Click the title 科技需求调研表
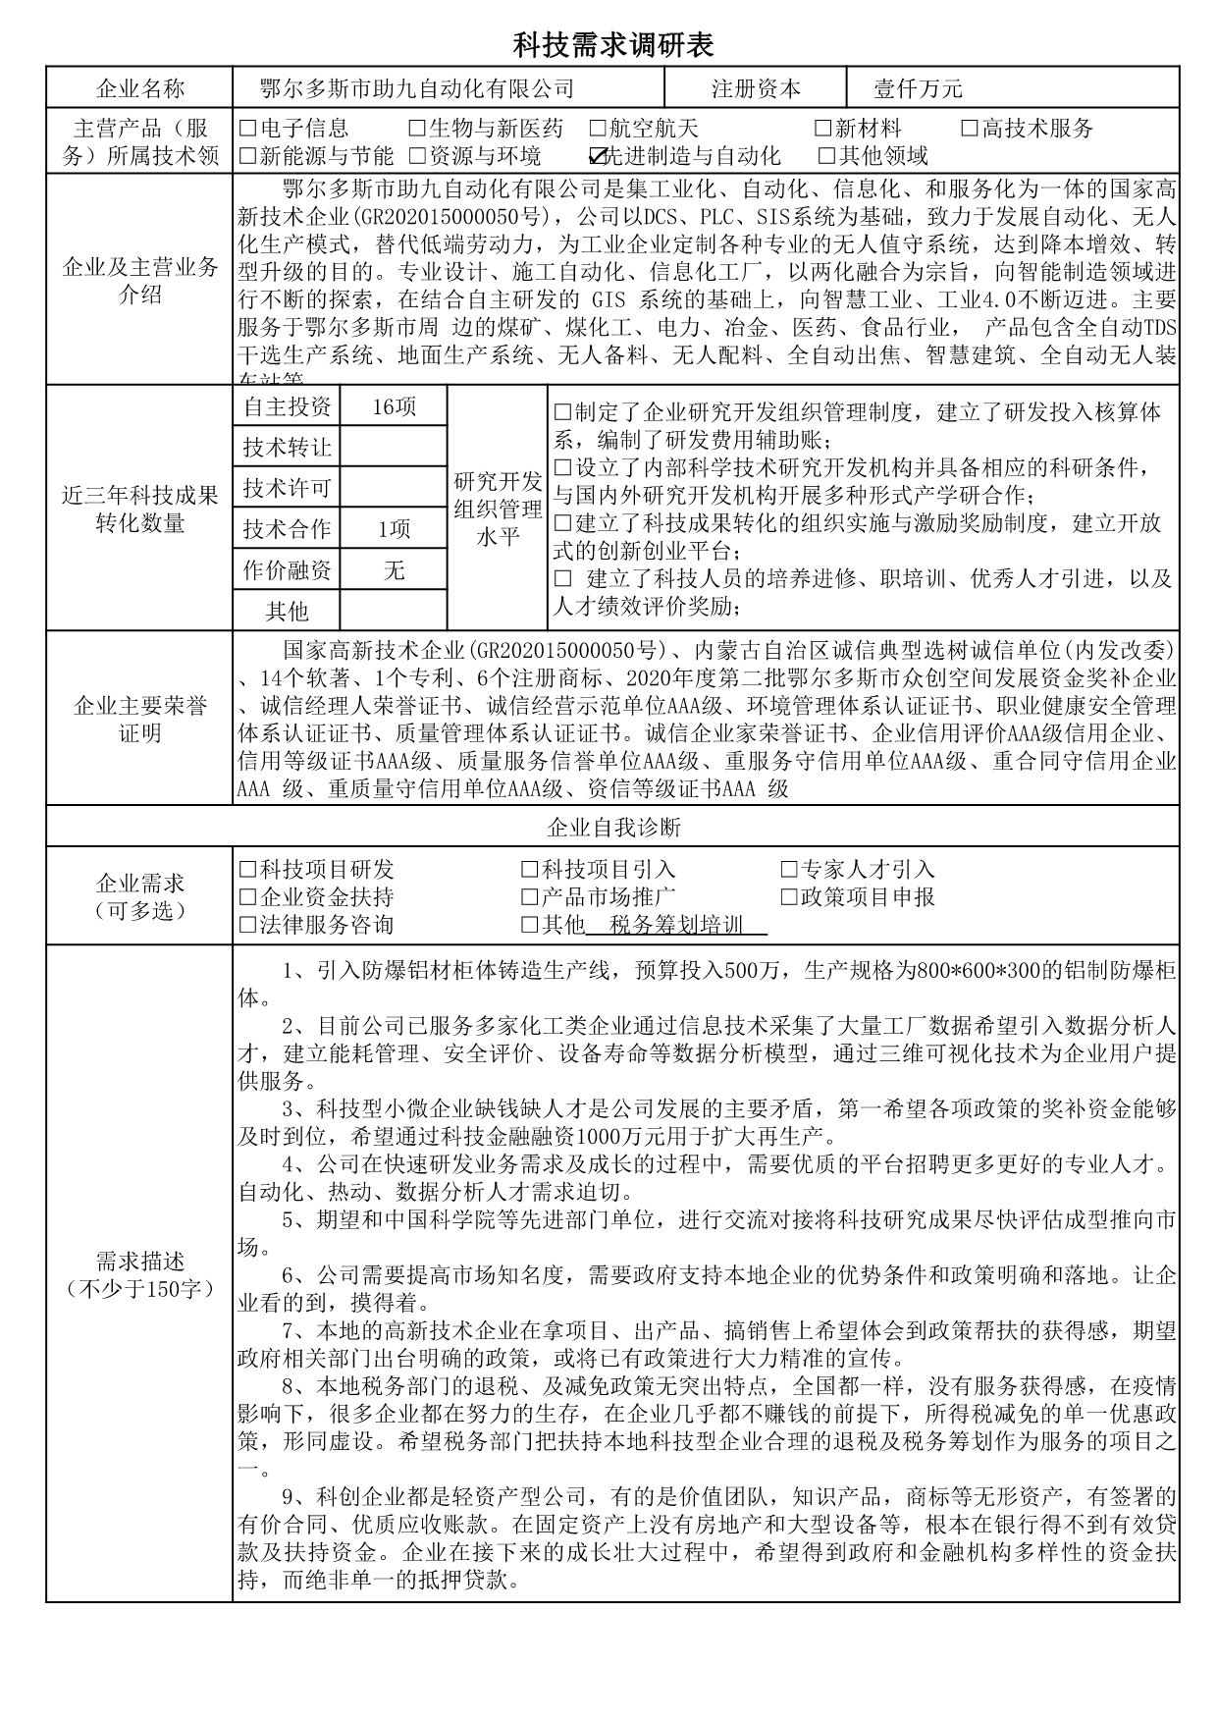pos(613,44)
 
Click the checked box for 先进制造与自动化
pos(598,155)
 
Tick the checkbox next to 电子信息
pos(247,129)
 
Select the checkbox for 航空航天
pos(598,129)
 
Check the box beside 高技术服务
pos(970,129)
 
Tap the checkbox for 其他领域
pos(826,155)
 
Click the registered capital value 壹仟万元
pos(918,89)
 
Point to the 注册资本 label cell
pos(756,89)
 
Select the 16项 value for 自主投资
pos(394,406)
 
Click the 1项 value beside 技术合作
pos(394,529)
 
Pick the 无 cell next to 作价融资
pos(394,569)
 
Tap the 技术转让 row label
pos(287,448)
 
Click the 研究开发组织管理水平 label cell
pos(498,509)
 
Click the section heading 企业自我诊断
pos(613,827)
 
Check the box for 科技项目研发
pos(247,870)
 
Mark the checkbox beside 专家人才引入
pos(789,870)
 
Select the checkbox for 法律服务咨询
pos(247,925)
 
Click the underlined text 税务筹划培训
pos(676,925)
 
